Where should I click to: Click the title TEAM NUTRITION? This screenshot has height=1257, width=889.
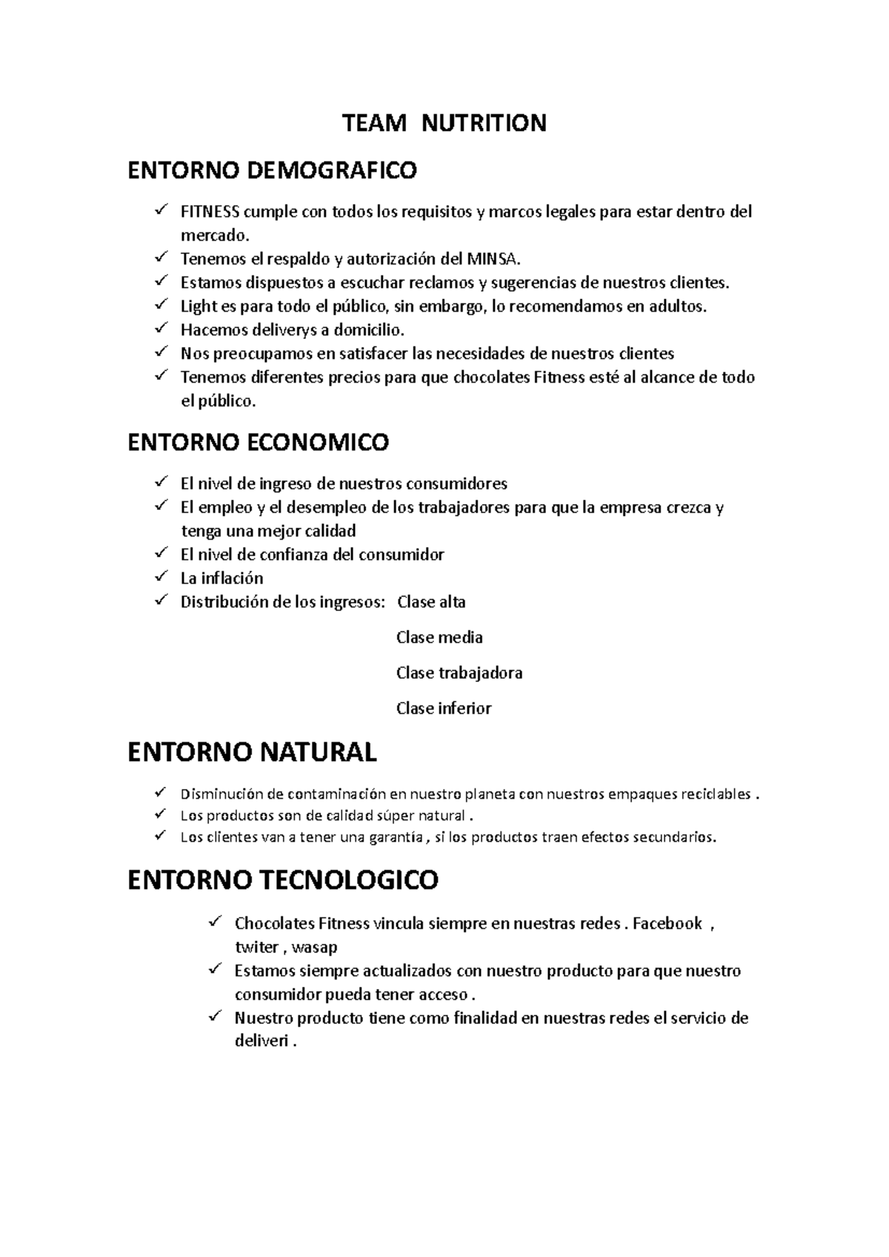click(444, 123)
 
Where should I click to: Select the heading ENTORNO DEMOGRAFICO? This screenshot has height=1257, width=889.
click(272, 171)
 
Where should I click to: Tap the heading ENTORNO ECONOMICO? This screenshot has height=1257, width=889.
click(258, 443)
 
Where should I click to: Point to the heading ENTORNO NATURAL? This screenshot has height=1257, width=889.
click(252, 752)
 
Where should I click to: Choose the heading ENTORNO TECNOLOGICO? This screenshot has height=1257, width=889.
click(283, 880)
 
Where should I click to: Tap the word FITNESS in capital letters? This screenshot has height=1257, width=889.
click(210, 212)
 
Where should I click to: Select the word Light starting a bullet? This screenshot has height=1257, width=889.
click(199, 306)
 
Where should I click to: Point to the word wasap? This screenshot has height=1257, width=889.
click(315, 948)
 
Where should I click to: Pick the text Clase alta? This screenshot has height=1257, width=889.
click(431, 602)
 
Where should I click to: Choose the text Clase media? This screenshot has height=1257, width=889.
click(439, 637)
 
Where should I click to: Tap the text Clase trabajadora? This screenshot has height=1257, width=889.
click(459, 673)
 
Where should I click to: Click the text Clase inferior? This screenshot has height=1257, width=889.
click(444, 708)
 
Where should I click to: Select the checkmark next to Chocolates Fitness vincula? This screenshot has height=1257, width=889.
click(216, 922)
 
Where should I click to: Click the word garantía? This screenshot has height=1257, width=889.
click(393, 838)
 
